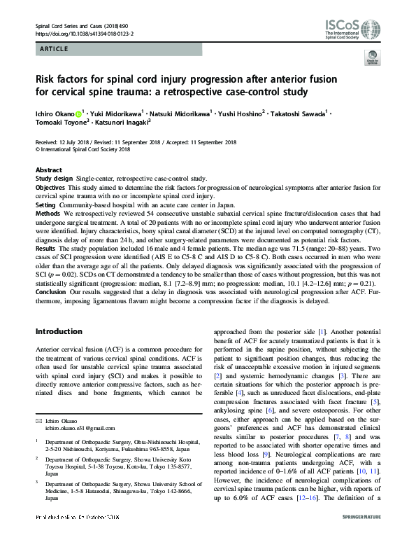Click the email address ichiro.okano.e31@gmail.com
(76, 427)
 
